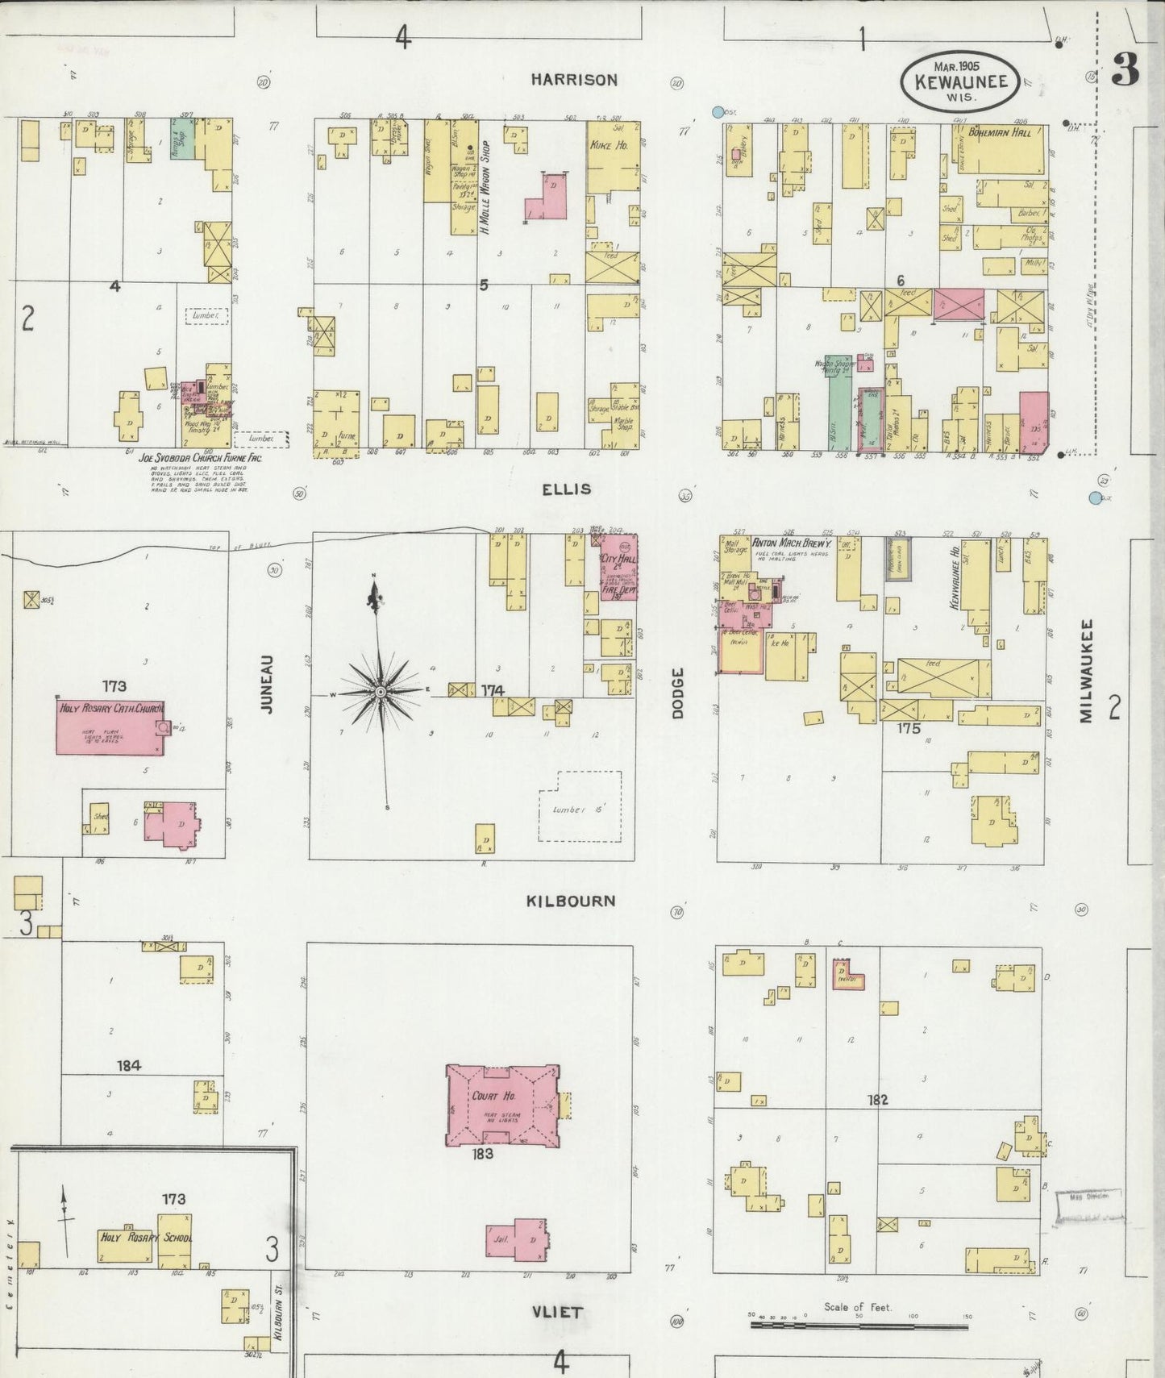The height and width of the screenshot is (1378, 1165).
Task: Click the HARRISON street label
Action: [x=574, y=79]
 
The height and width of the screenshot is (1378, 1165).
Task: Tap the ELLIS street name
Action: [x=566, y=489]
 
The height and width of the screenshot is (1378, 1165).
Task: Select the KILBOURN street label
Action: [x=571, y=901]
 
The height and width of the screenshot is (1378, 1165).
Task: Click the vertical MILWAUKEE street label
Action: [x=1086, y=671]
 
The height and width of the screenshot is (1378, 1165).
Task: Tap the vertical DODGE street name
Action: [x=677, y=693]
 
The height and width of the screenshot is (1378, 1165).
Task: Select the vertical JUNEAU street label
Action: [x=268, y=684]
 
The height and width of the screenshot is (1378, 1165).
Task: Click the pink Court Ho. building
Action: [x=501, y=1105]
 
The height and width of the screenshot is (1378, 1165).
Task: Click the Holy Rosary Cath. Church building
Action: [x=110, y=727]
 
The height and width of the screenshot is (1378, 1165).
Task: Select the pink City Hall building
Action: [x=618, y=565]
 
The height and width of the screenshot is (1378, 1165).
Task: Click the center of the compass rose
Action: [x=381, y=692]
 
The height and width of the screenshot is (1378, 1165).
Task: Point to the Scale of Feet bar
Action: [x=859, y=1324]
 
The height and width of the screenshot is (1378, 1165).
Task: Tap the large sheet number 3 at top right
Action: [x=1125, y=72]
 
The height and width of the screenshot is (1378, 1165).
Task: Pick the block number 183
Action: [x=483, y=1154]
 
